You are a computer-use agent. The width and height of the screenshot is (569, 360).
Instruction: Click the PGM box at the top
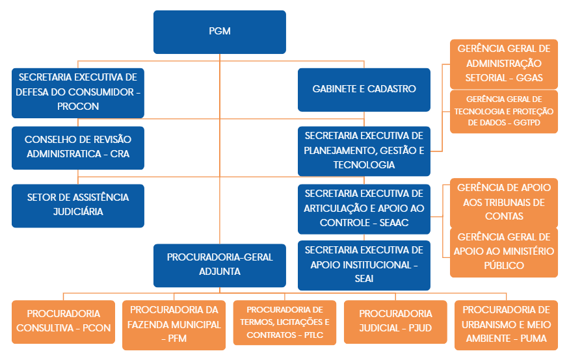click(x=220, y=31)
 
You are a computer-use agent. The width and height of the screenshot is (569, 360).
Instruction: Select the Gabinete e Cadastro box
click(x=364, y=89)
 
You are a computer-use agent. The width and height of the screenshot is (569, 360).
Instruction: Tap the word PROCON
click(x=78, y=106)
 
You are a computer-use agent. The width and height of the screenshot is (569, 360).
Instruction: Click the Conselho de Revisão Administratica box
click(x=78, y=146)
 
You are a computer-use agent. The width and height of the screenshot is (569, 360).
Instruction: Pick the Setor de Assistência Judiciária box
click(x=78, y=205)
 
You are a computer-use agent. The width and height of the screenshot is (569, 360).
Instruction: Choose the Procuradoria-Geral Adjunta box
click(x=220, y=264)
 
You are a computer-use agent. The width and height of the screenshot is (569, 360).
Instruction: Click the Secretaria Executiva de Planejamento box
click(x=364, y=150)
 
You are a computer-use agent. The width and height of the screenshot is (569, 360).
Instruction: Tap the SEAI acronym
click(x=364, y=279)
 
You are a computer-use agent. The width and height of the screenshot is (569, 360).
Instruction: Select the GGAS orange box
click(x=504, y=64)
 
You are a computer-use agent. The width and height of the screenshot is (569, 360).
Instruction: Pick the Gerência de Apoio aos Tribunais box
click(x=504, y=202)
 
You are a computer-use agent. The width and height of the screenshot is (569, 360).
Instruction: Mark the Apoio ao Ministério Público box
click(x=504, y=251)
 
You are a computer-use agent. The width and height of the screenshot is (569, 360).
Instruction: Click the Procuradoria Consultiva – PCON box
click(x=64, y=321)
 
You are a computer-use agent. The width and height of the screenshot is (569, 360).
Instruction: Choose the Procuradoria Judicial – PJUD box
click(x=395, y=321)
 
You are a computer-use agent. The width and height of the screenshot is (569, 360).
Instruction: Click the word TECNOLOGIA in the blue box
click(x=364, y=165)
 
